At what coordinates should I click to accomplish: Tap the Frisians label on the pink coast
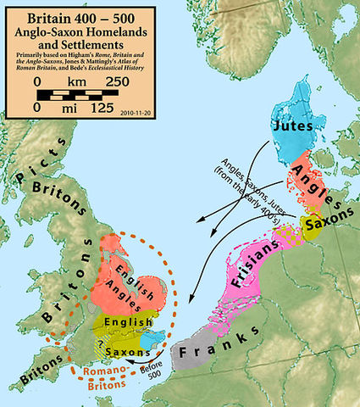click(254, 252)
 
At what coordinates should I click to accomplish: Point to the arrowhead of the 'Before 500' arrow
click(124, 360)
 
